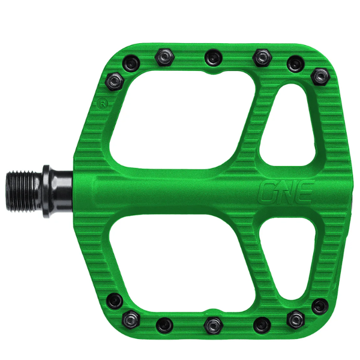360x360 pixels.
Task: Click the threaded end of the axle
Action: pos(24,191)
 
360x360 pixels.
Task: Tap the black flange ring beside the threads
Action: pos(46,191)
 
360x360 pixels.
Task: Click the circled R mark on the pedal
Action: pos(103,104)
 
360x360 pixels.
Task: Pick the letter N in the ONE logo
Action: pos(285,192)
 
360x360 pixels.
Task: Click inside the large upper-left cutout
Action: pos(181,119)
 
